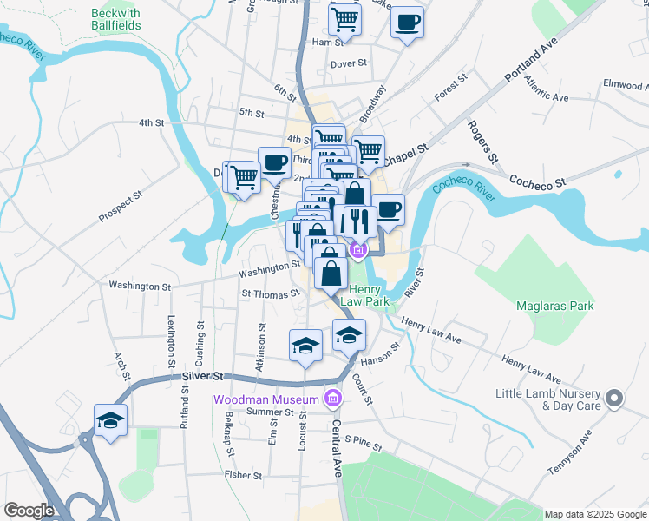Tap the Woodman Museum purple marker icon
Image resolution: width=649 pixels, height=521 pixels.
(331, 399)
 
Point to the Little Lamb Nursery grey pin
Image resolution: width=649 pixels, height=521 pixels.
(614, 399)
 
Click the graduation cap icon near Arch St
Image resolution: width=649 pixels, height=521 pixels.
(111, 420)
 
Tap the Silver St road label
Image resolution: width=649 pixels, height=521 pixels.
(203, 376)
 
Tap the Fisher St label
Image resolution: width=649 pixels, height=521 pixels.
(243, 475)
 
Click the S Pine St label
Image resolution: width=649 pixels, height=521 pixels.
(363, 443)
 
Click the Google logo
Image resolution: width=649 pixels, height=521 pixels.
(28, 511)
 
